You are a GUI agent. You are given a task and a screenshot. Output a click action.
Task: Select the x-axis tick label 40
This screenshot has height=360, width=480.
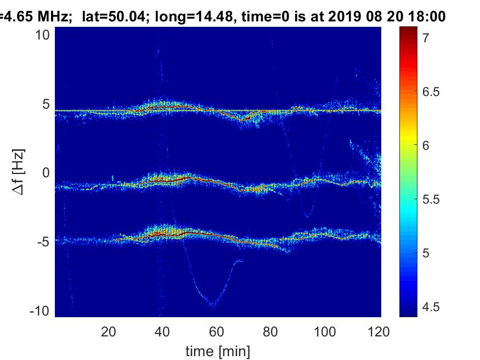coord(162,331)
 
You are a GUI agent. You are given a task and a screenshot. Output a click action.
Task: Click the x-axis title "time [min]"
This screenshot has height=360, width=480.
coord(218,350)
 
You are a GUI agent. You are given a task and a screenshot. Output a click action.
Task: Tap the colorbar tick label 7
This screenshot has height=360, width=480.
coord(423,38)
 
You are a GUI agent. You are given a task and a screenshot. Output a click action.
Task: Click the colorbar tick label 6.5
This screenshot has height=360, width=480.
coord(428,92)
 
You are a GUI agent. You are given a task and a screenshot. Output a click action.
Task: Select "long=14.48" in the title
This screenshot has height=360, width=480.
coord(184,17)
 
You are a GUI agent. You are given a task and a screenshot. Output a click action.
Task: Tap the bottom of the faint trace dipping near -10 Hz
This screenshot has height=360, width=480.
coord(212,305)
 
